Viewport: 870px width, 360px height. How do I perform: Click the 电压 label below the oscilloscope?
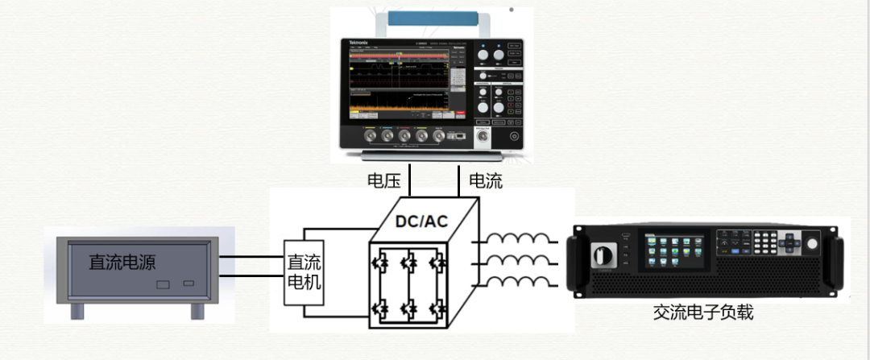click(x=383, y=181)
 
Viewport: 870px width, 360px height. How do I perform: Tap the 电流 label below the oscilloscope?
click(x=486, y=181)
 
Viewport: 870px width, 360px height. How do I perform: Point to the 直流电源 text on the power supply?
click(x=122, y=263)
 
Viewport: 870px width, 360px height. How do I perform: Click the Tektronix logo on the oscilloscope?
click(x=359, y=41)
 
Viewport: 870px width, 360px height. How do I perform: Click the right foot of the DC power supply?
click(x=197, y=311)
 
